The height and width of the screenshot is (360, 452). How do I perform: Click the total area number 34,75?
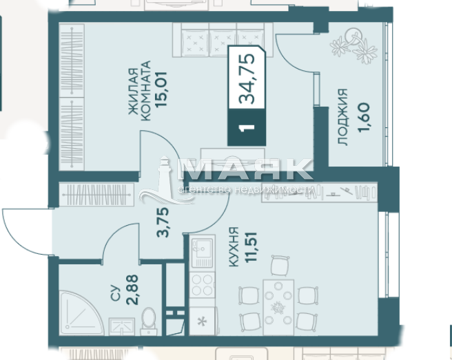click(x=247, y=78)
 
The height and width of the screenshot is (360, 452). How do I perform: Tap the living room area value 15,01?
click(x=161, y=89)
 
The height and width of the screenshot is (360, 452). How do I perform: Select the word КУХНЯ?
click(x=234, y=247)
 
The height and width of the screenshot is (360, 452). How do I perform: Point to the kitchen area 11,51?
click(x=251, y=247)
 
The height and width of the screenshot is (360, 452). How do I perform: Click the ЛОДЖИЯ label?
click(x=343, y=117)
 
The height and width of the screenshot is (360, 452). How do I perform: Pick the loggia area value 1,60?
click(x=364, y=118)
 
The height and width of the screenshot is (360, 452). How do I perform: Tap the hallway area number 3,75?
click(x=163, y=222)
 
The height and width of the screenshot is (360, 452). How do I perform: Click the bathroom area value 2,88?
click(x=132, y=290)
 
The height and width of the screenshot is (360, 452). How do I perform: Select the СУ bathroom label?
click(x=115, y=293)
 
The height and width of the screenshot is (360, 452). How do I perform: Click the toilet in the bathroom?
click(x=149, y=320)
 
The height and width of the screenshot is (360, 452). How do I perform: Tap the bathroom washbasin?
click(x=122, y=326)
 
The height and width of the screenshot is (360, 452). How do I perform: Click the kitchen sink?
click(x=202, y=253)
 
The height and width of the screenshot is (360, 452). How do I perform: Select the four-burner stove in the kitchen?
click(x=202, y=284)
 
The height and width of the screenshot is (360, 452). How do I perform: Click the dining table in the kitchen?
click(x=278, y=307)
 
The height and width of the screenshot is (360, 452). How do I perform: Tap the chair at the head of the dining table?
click(x=280, y=265)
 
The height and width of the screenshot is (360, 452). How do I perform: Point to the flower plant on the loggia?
click(x=353, y=46)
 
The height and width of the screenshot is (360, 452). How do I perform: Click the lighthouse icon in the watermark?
click(x=165, y=180)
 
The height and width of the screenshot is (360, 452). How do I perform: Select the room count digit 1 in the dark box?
click(x=247, y=127)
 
